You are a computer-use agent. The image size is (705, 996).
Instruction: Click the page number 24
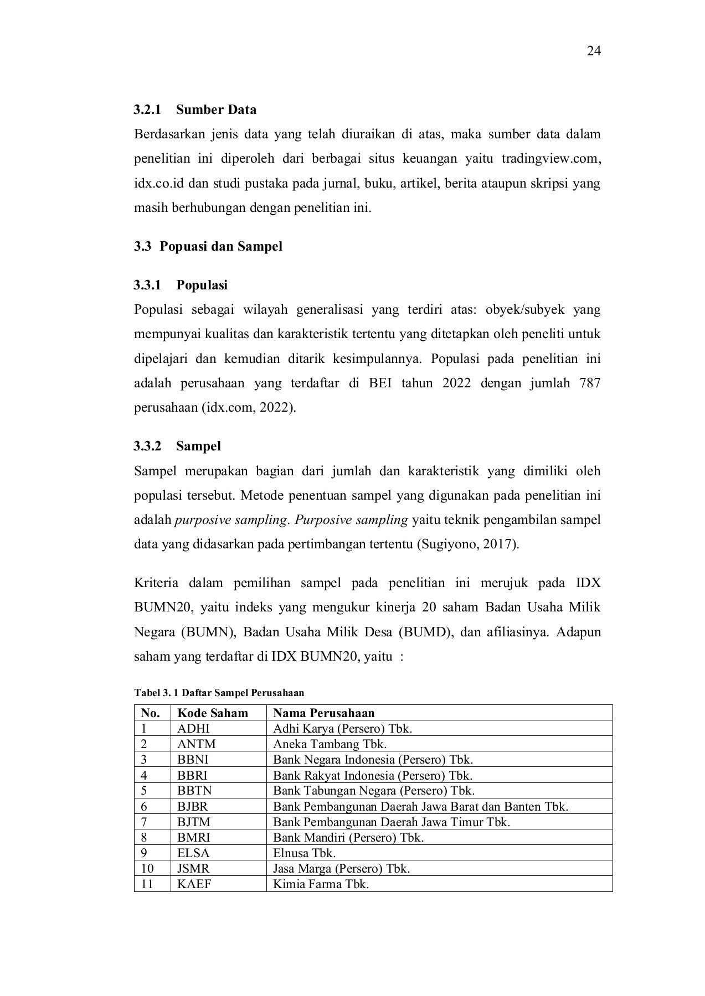click(x=594, y=51)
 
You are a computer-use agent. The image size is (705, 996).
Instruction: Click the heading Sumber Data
click(x=216, y=110)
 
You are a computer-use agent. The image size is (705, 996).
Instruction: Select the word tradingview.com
click(x=550, y=159)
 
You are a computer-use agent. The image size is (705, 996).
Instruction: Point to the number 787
click(x=589, y=383)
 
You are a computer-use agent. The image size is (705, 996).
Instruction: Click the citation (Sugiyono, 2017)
click(x=467, y=544)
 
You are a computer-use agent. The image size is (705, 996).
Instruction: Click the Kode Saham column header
click(x=213, y=713)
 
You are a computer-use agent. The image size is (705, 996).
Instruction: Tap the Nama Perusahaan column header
click(x=323, y=713)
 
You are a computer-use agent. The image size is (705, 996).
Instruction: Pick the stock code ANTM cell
click(x=197, y=744)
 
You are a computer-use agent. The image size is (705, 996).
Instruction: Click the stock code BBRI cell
click(x=193, y=775)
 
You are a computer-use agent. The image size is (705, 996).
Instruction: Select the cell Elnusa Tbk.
click(x=304, y=853)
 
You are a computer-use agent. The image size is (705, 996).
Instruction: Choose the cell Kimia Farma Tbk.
click(x=321, y=884)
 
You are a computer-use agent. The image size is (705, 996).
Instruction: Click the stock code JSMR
click(x=193, y=869)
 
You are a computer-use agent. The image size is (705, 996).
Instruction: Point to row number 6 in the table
click(x=144, y=806)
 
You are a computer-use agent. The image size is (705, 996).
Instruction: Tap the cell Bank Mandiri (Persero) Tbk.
click(x=348, y=837)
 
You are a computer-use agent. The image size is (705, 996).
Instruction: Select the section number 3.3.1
click(x=147, y=286)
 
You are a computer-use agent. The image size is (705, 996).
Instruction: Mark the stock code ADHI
click(x=193, y=728)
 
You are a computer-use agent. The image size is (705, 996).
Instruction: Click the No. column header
click(x=150, y=713)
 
